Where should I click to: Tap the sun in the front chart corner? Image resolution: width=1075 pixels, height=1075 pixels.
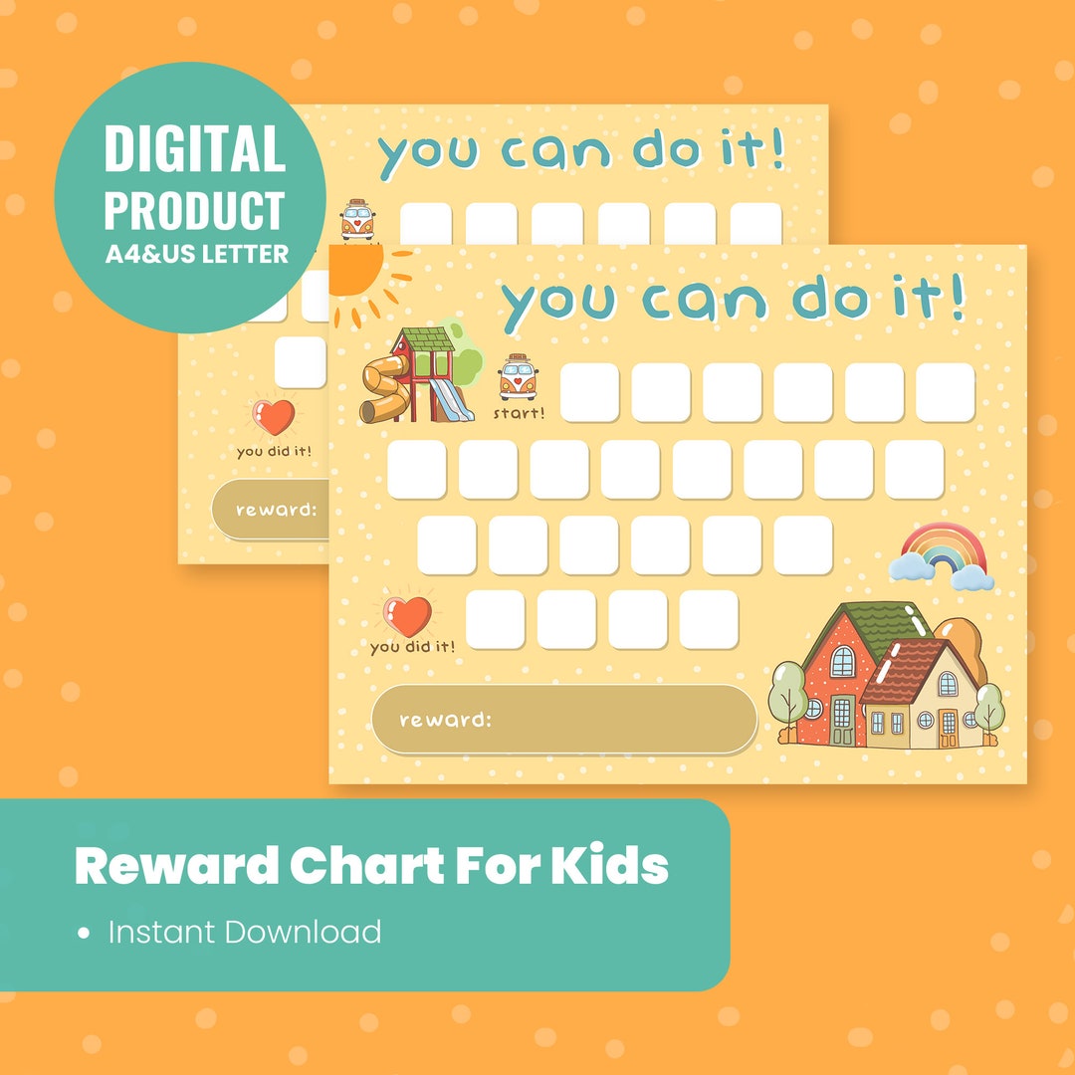[356, 271]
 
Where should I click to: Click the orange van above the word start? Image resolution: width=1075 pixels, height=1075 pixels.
[518, 377]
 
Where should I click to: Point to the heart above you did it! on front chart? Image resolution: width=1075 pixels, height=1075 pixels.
[408, 616]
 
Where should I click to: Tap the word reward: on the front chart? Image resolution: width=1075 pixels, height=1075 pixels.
[445, 719]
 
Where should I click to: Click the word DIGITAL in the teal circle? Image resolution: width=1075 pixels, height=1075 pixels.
[195, 149]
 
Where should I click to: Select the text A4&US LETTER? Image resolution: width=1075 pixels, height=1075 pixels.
[197, 254]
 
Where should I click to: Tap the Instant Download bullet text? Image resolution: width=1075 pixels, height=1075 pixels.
[244, 932]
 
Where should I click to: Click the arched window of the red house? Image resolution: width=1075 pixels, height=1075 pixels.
[842, 661]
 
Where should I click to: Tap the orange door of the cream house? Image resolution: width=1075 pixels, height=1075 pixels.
[947, 729]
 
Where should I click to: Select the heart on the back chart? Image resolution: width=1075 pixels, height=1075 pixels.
[276, 416]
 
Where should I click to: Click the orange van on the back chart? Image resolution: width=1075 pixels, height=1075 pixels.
[357, 220]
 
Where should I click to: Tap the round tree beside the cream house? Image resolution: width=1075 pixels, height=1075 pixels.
[989, 707]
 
